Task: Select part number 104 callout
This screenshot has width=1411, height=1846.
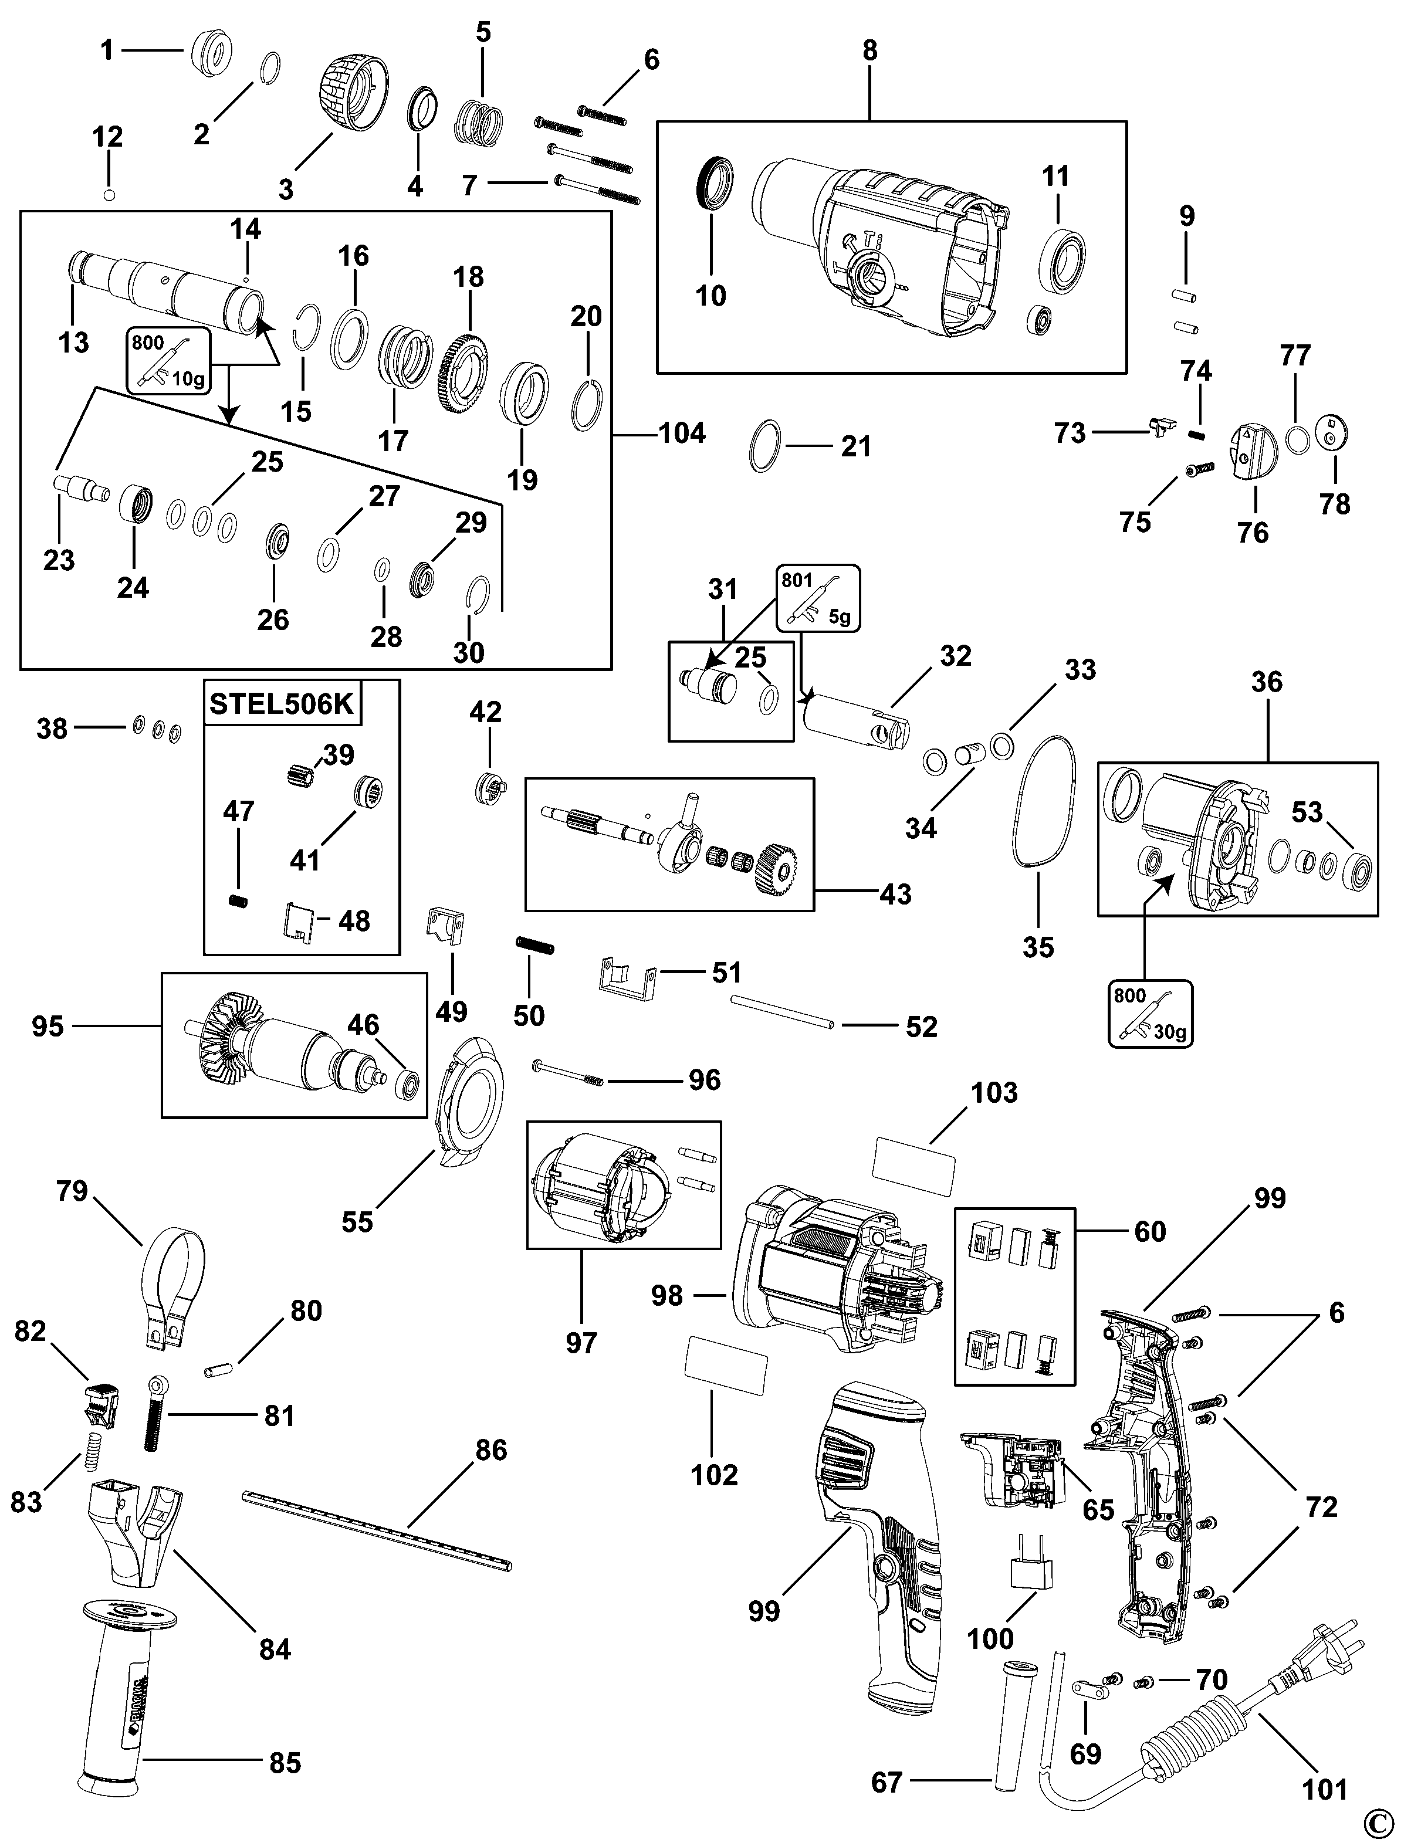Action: (682, 433)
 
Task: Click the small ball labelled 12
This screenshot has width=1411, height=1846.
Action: (109, 196)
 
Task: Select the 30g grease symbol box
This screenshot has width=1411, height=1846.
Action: (1151, 1014)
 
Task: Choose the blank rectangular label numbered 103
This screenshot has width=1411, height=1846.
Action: (915, 1166)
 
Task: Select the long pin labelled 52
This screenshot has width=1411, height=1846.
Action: (781, 1011)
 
